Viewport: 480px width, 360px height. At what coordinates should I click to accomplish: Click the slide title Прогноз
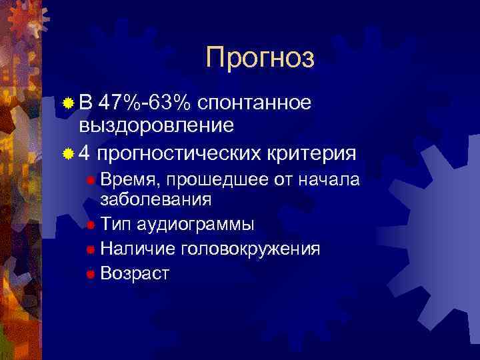[x=259, y=58]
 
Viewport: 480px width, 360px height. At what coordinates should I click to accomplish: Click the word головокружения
[x=248, y=249]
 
